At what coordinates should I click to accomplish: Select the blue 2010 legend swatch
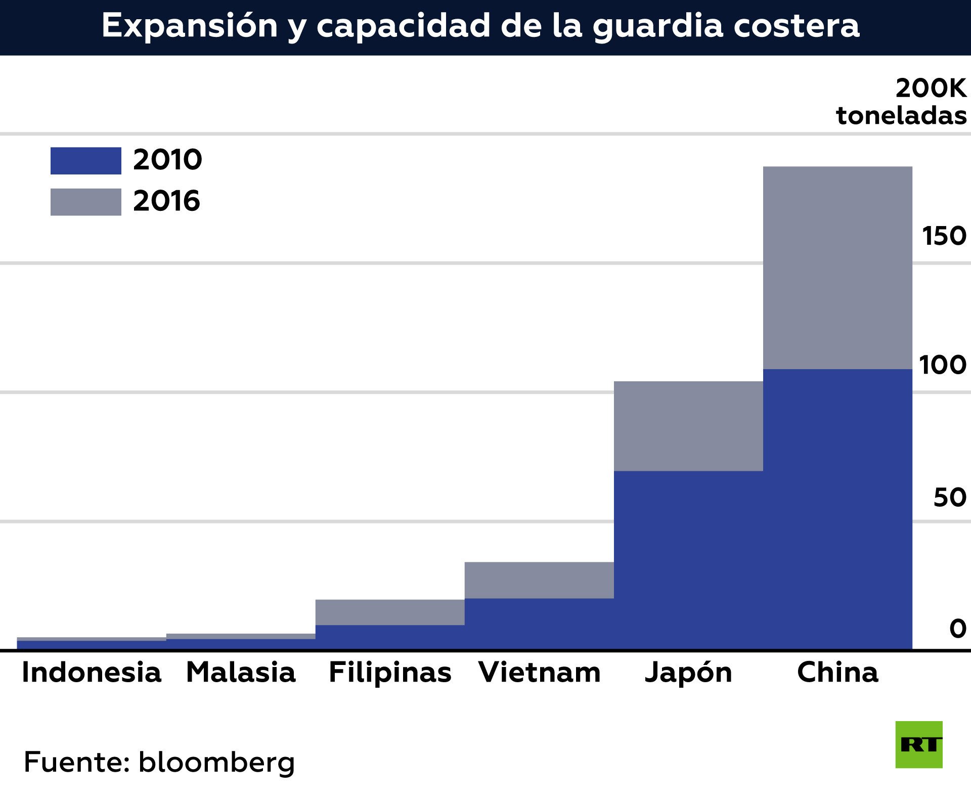click(85, 161)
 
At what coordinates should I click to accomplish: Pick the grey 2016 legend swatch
click(85, 202)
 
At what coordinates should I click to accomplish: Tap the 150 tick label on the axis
click(944, 236)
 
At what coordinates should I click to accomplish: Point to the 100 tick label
click(943, 365)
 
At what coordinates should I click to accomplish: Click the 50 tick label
click(950, 498)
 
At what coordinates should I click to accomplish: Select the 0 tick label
click(958, 629)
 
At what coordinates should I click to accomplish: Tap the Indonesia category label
click(92, 673)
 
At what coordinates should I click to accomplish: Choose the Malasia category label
click(241, 673)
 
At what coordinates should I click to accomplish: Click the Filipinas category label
click(390, 673)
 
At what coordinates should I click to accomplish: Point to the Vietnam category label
click(540, 673)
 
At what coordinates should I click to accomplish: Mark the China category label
click(837, 673)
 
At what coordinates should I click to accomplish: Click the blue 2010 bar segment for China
click(837, 508)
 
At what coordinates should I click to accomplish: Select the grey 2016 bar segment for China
click(837, 268)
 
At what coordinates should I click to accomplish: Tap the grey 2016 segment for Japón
click(688, 426)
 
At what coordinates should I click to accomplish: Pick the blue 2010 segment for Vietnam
click(539, 624)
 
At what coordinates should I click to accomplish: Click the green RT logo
click(919, 745)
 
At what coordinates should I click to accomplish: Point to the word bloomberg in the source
click(216, 763)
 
